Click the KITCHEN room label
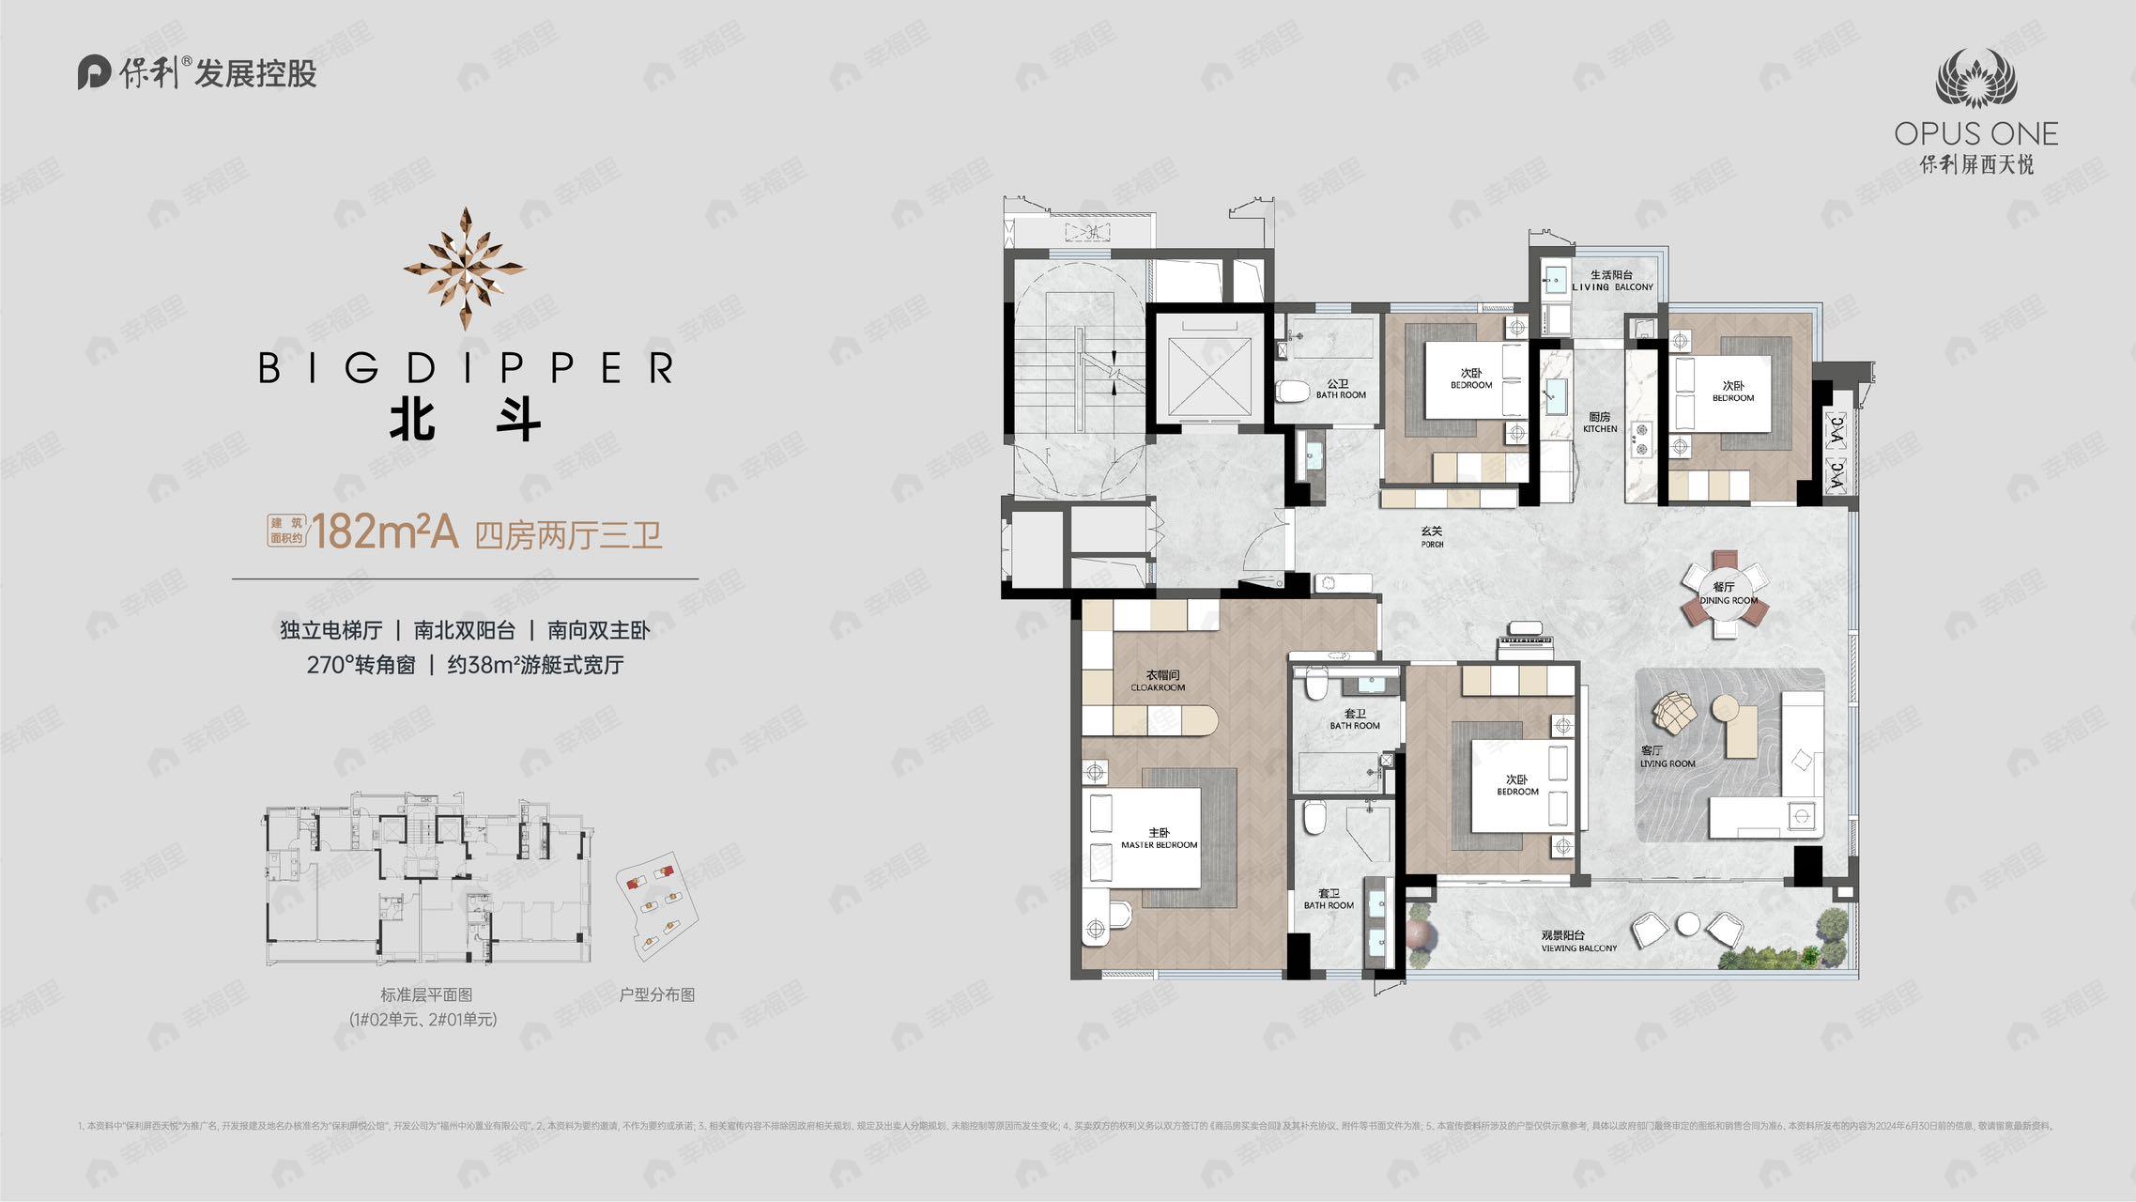[1600, 423]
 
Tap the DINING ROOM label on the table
[1728, 594]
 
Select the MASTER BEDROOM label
[1159, 839]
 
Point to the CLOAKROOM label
[1160, 681]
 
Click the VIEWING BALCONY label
[1578, 942]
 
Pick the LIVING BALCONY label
[1612, 281]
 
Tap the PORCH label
[1432, 537]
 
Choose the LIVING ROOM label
[1667, 757]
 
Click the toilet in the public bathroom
[1293, 391]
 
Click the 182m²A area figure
[384, 532]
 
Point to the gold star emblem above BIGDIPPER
[465, 269]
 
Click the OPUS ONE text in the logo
[1975, 134]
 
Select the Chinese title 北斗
[465, 419]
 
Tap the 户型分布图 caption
[656, 994]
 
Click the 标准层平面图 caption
[425, 994]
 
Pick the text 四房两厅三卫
[568, 535]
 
